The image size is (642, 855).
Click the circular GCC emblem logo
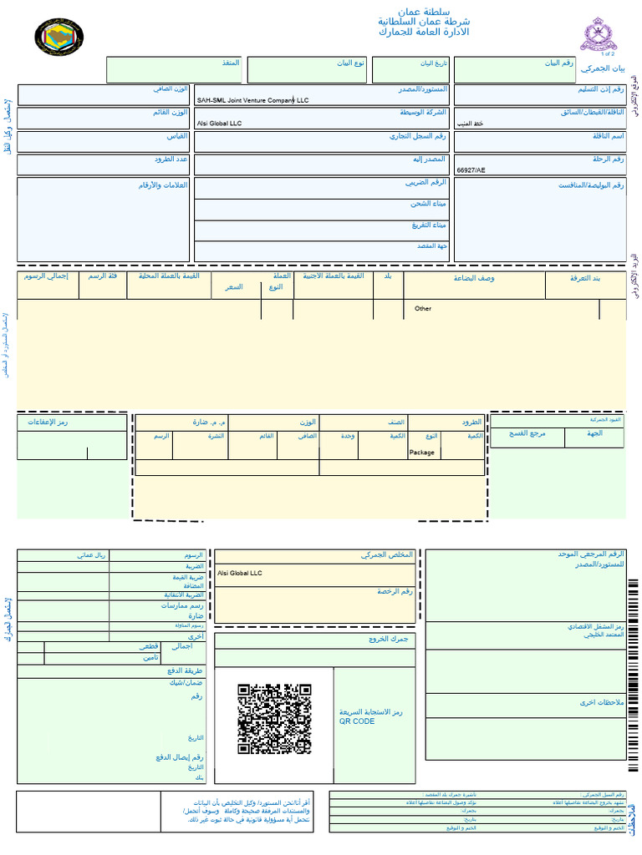coord(59,37)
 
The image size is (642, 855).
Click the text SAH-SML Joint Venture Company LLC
coord(252,100)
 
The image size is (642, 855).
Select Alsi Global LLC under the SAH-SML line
coord(219,124)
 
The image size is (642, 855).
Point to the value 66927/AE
coord(471,169)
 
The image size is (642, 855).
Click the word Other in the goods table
coord(423,309)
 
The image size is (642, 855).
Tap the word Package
coord(422,453)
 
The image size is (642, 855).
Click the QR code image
coord(274,719)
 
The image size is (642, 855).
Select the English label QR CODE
coord(357,721)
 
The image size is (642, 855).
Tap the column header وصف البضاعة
coord(474,278)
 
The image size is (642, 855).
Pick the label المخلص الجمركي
coord(387,555)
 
